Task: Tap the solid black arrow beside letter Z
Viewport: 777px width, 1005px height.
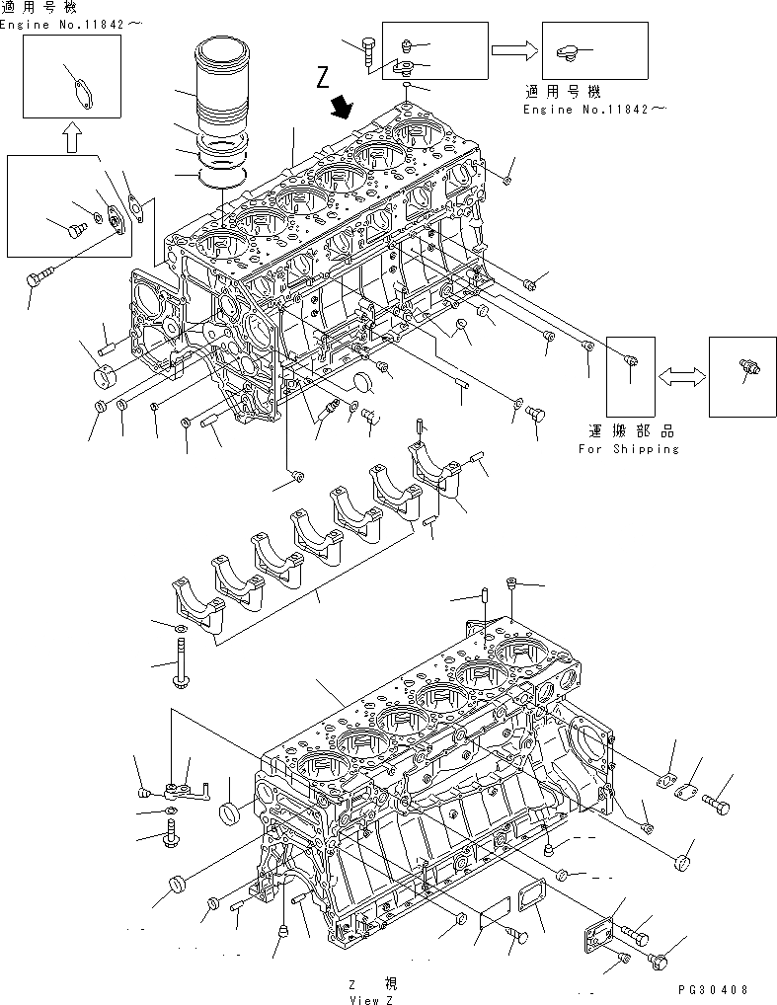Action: click(x=343, y=106)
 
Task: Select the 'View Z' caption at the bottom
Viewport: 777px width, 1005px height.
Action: click(x=371, y=998)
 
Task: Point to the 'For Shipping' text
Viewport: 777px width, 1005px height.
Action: click(x=629, y=449)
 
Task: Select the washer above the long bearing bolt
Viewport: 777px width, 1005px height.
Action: click(x=181, y=628)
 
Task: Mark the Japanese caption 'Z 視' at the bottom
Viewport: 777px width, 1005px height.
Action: click(x=371, y=984)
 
